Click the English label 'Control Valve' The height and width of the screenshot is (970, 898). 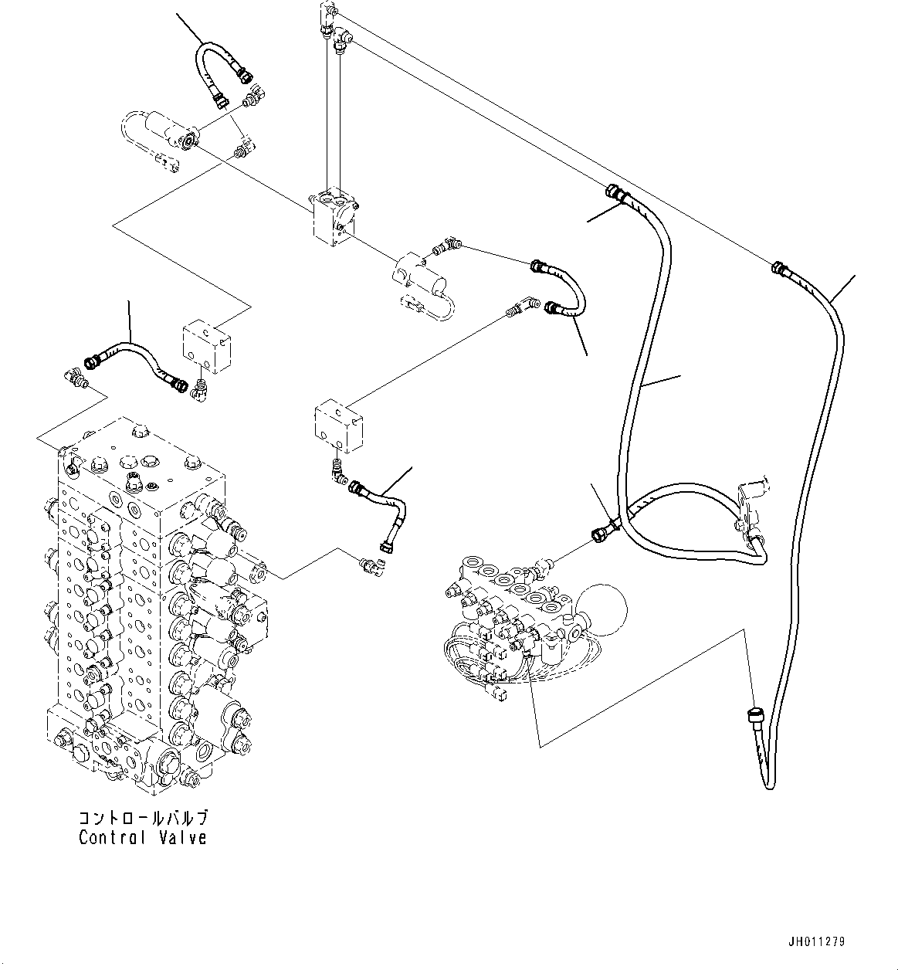[143, 837]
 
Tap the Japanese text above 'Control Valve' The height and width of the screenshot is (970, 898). [143, 818]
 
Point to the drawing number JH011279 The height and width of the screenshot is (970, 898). [817, 941]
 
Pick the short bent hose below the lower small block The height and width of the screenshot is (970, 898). [382, 510]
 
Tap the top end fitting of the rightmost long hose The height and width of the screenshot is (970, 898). [778, 269]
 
